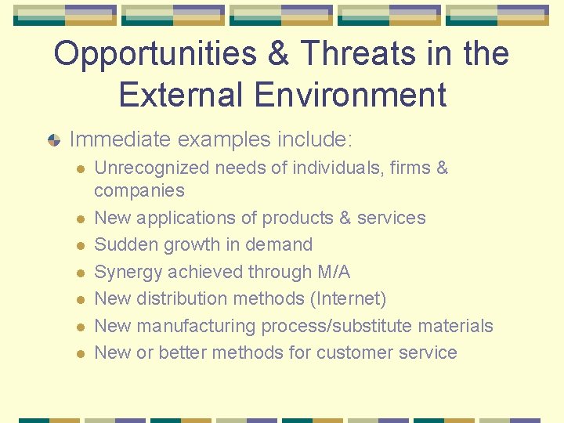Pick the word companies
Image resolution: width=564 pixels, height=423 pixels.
pos(139,190)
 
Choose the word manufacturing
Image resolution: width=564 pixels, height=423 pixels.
pos(195,326)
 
